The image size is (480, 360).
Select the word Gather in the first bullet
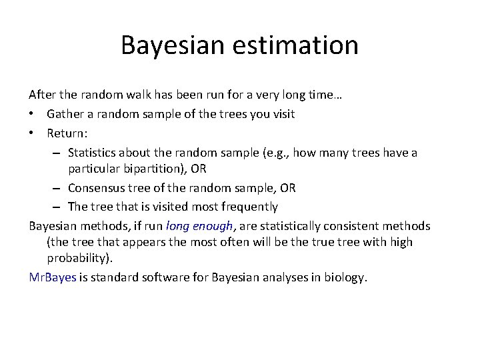[x=65, y=114]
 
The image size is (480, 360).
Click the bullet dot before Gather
[x=32, y=114]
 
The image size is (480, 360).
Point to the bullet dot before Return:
[x=32, y=133]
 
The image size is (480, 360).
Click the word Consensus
[x=97, y=188]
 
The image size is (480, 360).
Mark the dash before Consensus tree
[x=58, y=188]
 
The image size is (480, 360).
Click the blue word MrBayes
[x=53, y=277]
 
